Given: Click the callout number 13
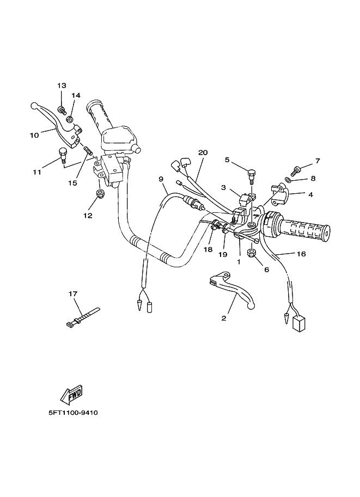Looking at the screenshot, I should [x=62, y=86].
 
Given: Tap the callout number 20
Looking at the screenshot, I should [x=203, y=153].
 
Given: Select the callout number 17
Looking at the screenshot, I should [x=73, y=294].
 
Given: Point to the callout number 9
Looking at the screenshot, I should [x=161, y=179].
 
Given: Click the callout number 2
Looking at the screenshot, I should [x=223, y=319].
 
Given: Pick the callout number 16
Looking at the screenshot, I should [x=301, y=254].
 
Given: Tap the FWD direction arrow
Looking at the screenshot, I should [x=71, y=396].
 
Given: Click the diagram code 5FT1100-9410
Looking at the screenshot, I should [x=72, y=413].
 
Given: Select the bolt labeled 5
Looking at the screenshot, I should [x=251, y=175].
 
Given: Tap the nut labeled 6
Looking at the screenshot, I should [x=252, y=253].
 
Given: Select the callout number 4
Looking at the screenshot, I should [x=310, y=194].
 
